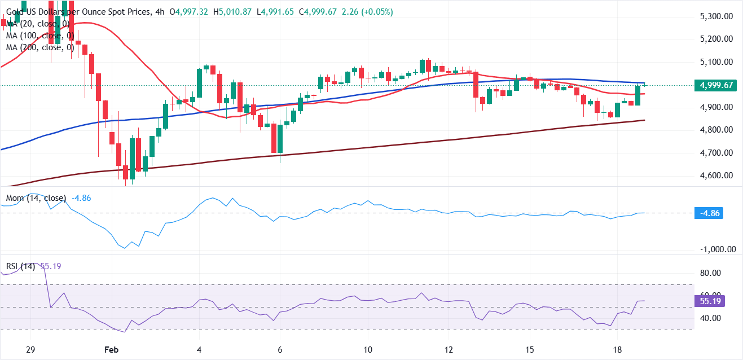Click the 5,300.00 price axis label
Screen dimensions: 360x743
716,16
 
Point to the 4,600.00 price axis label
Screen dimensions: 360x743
716,175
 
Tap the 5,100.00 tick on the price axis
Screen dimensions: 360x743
716,62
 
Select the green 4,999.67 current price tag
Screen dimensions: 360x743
716,85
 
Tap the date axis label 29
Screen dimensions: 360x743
31,349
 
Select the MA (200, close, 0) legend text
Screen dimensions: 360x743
40,47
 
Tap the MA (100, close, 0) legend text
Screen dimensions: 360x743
40,36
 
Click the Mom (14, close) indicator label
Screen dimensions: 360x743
36,198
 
